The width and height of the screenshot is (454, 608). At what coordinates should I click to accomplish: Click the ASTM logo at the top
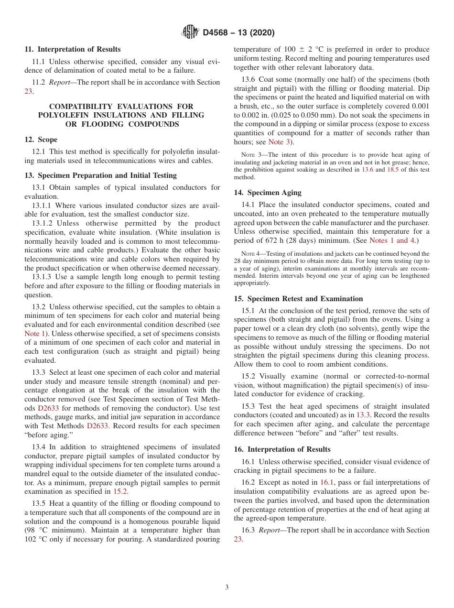pyautogui.click(x=191, y=33)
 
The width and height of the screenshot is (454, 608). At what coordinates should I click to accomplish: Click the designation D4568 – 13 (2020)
pyautogui.click(x=238, y=33)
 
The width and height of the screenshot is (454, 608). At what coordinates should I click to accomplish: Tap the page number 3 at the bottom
pyautogui.click(x=227, y=587)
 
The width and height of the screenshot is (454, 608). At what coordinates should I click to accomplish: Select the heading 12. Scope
pyautogui.click(x=41, y=140)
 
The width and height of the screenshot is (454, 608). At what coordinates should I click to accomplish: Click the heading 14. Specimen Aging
pyautogui.click(x=268, y=193)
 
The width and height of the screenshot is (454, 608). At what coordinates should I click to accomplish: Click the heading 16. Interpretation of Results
pyautogui.click(x=282, y=449)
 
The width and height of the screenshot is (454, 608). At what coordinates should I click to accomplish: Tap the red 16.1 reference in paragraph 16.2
pyautogui.click(x=327, y=482)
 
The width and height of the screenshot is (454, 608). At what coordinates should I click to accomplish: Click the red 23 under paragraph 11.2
pyautogui.click(x=28, y=91)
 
